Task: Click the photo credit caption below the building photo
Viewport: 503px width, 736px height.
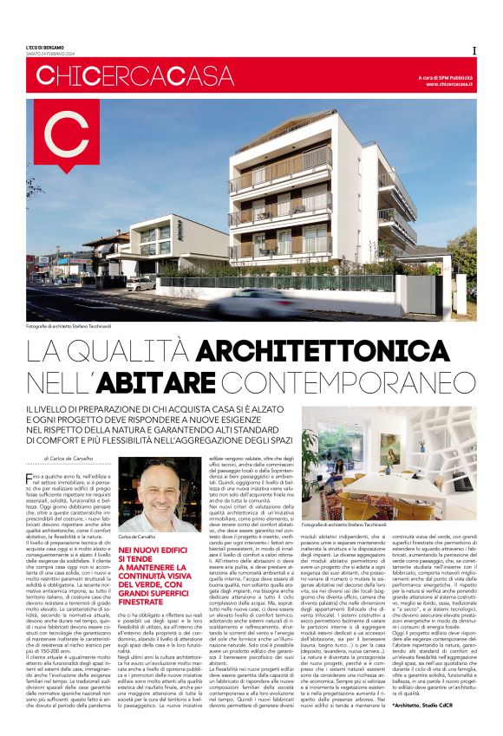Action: coord(73,326)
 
